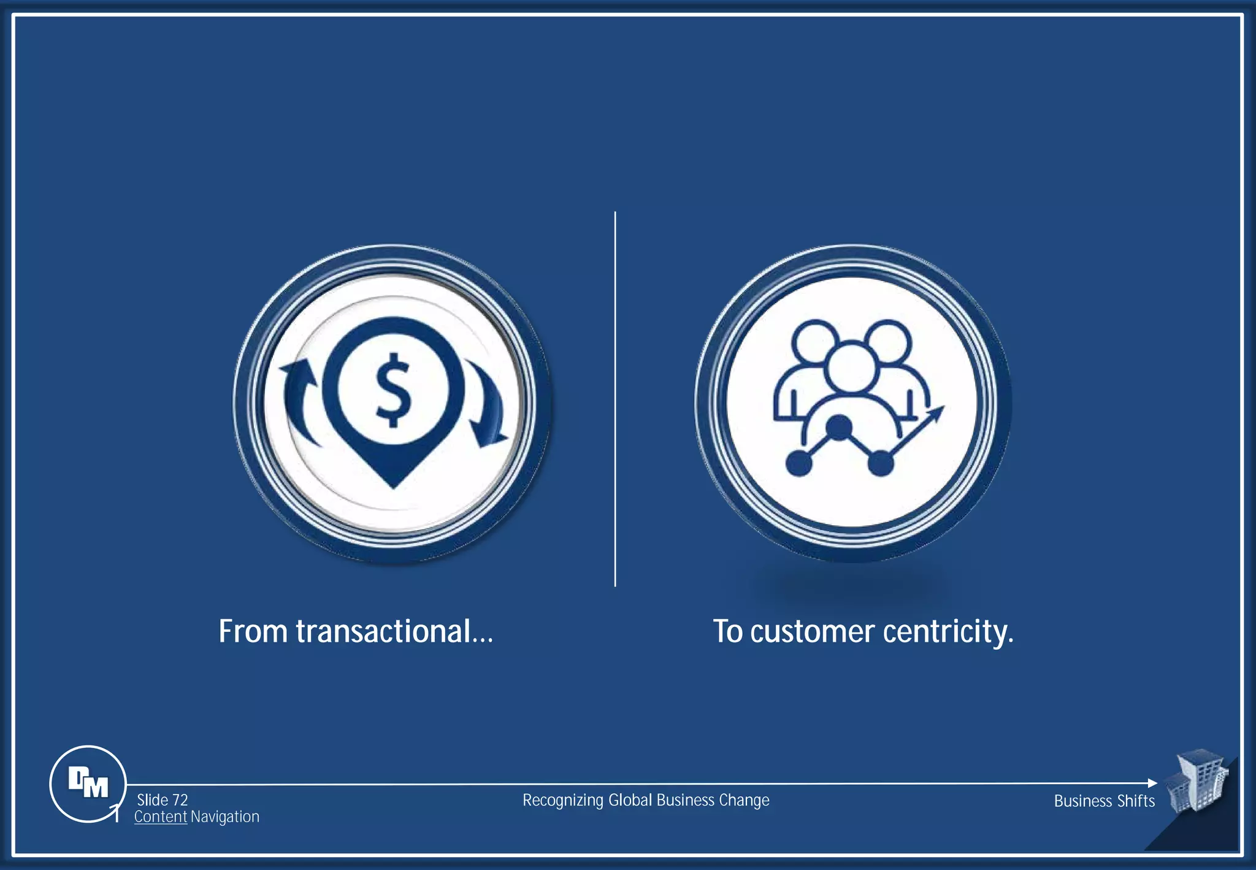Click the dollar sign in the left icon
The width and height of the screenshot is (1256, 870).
coord(393,390)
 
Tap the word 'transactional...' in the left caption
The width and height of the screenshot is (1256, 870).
coord(394,631)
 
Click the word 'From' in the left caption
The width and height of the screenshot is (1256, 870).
coord(253,631)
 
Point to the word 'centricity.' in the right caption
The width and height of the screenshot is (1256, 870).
coord(948,632)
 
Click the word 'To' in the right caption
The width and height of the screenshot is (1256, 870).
coord(727,631)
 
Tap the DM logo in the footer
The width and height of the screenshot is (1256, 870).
coord(88,783)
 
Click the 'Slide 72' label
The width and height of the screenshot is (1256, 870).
coord(162,800)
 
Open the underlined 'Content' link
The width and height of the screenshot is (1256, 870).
coord(160,817)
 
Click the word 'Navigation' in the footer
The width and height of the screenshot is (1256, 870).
coord(225,817)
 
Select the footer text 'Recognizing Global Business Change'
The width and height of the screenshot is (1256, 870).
coord(646,801)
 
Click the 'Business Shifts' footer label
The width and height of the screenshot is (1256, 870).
coord(1104,801)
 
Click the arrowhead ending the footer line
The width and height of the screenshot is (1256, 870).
coord(1152,783)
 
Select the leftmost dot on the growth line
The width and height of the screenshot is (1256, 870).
coord(798,463)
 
